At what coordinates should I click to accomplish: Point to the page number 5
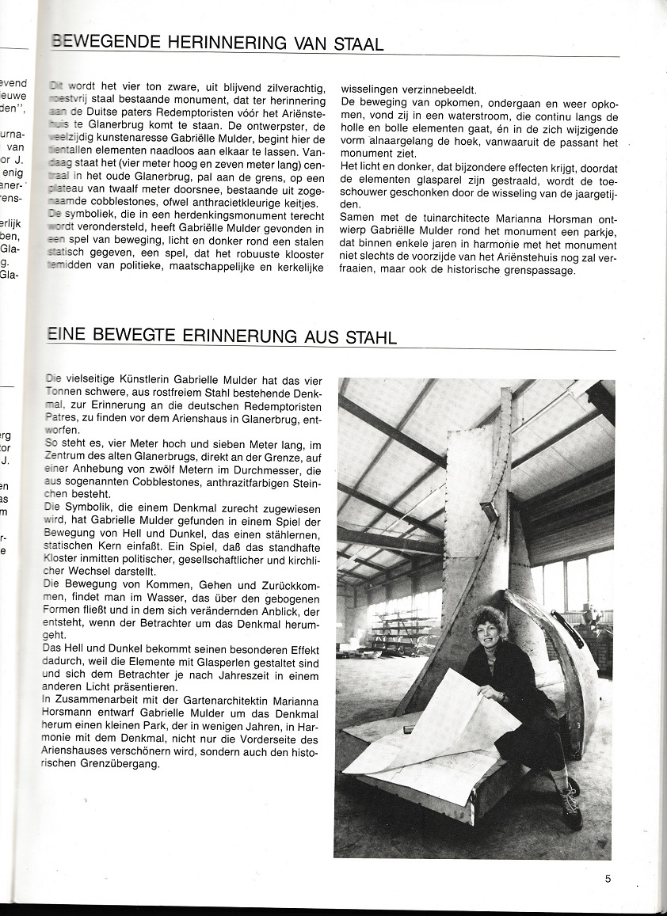pyautogui.click(x=607, y=877)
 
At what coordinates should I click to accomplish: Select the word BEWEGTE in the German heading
pyautogui.click(x=127, y=337)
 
